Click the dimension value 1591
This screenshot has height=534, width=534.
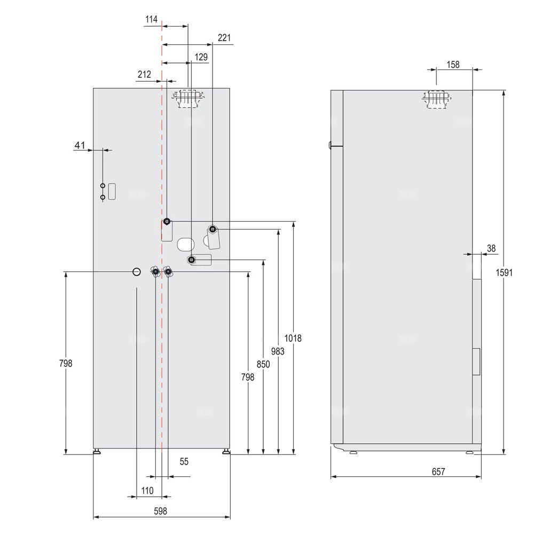(x=504, y=272)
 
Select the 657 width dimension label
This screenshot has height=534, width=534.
(x=438, y=472)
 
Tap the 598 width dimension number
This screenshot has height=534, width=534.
(x=160, y=511)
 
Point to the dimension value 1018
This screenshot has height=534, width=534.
(x=293, y=338)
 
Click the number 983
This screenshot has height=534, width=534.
(x=278, y=351)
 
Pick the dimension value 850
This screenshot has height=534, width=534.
(x=263, y=364)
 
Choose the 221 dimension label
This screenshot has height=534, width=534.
(x=224, y=37)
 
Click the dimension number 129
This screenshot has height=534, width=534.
(x=201, y=57)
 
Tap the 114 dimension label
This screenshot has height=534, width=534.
(x=151, y=19)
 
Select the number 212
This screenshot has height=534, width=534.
(x=144, y=74)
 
